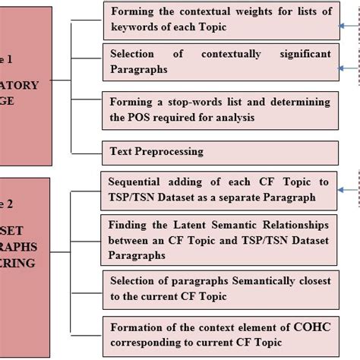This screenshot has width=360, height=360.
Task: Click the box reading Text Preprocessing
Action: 220,151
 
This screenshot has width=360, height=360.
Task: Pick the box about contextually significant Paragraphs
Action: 220,62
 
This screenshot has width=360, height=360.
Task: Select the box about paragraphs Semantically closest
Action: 220,287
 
